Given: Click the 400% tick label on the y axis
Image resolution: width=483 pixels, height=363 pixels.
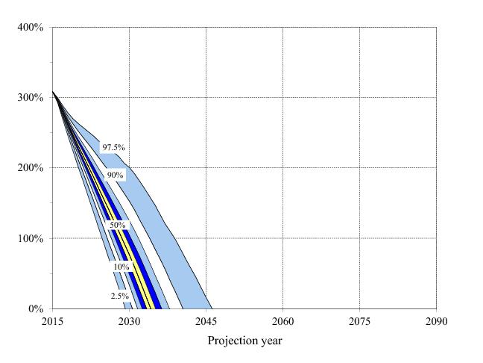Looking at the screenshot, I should tap(30, 28).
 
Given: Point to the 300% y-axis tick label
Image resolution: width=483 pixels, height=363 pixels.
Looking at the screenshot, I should tap(30, 98).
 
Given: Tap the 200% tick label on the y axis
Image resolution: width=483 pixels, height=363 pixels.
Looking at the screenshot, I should tap(30, 168).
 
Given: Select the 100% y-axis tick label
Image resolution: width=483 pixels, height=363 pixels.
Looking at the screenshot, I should tap(30, 238).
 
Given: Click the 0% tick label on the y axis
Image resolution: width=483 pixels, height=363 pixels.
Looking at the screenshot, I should tap(34, 309).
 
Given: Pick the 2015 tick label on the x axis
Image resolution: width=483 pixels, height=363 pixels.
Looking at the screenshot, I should tap(52, 322).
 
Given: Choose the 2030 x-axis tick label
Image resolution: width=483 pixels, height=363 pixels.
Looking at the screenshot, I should tap(129, 322).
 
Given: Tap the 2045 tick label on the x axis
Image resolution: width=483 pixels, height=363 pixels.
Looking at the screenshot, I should tap(206, 322).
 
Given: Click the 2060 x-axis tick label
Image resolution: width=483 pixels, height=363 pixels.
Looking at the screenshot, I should tap(282, 322).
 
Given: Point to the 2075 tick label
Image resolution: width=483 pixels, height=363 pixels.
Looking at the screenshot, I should tap(359, 322).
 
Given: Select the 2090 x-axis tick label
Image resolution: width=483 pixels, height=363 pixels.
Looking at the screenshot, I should tap(436, 322).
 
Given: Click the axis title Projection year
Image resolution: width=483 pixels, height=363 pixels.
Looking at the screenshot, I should tap(244, 341).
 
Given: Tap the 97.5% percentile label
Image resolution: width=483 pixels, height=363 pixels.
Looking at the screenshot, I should tap(113, 148).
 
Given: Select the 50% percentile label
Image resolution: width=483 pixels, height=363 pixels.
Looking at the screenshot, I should tap(117, 225).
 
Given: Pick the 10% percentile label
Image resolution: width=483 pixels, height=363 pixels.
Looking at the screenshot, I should tap(121, 267).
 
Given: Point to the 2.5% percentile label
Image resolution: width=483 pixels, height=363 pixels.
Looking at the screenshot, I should tap(119, 297).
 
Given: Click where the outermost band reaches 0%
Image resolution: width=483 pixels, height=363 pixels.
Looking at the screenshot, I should tap(212, 308).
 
